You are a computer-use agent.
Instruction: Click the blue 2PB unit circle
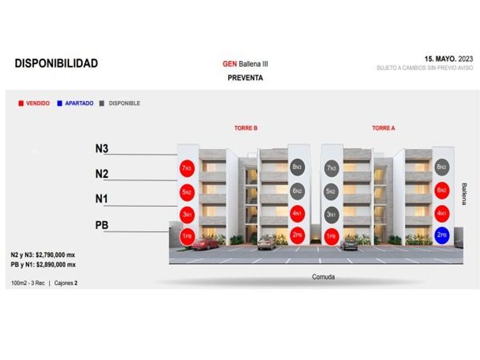point(442,235)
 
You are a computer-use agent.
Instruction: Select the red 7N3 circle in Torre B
point(187,169)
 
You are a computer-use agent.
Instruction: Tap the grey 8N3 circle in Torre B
point(297,167)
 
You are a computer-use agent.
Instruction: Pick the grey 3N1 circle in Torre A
point(331,215)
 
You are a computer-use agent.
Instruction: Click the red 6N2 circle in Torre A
point(442,191)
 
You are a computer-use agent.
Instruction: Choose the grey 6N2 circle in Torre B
point(297,191)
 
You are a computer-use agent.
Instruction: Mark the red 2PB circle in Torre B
point(297,235)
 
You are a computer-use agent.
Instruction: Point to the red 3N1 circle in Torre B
point(187,215)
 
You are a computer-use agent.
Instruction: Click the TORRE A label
point(383,128)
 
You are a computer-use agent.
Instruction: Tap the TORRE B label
point(246,128)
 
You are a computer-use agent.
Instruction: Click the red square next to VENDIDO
point(21,103)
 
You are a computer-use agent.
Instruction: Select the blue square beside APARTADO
point(59,103)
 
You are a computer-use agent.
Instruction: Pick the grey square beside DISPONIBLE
point(102,103)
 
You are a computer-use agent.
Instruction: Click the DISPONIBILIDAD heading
point(56,63)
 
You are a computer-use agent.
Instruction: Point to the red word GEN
point(230,64)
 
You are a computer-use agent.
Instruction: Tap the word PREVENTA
point(245,78)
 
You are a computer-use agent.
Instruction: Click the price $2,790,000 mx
point(55,255)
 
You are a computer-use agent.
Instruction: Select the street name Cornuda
point(323,277)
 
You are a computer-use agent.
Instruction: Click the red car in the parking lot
point(205,244)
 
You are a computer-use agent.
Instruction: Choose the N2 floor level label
point(102,174)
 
